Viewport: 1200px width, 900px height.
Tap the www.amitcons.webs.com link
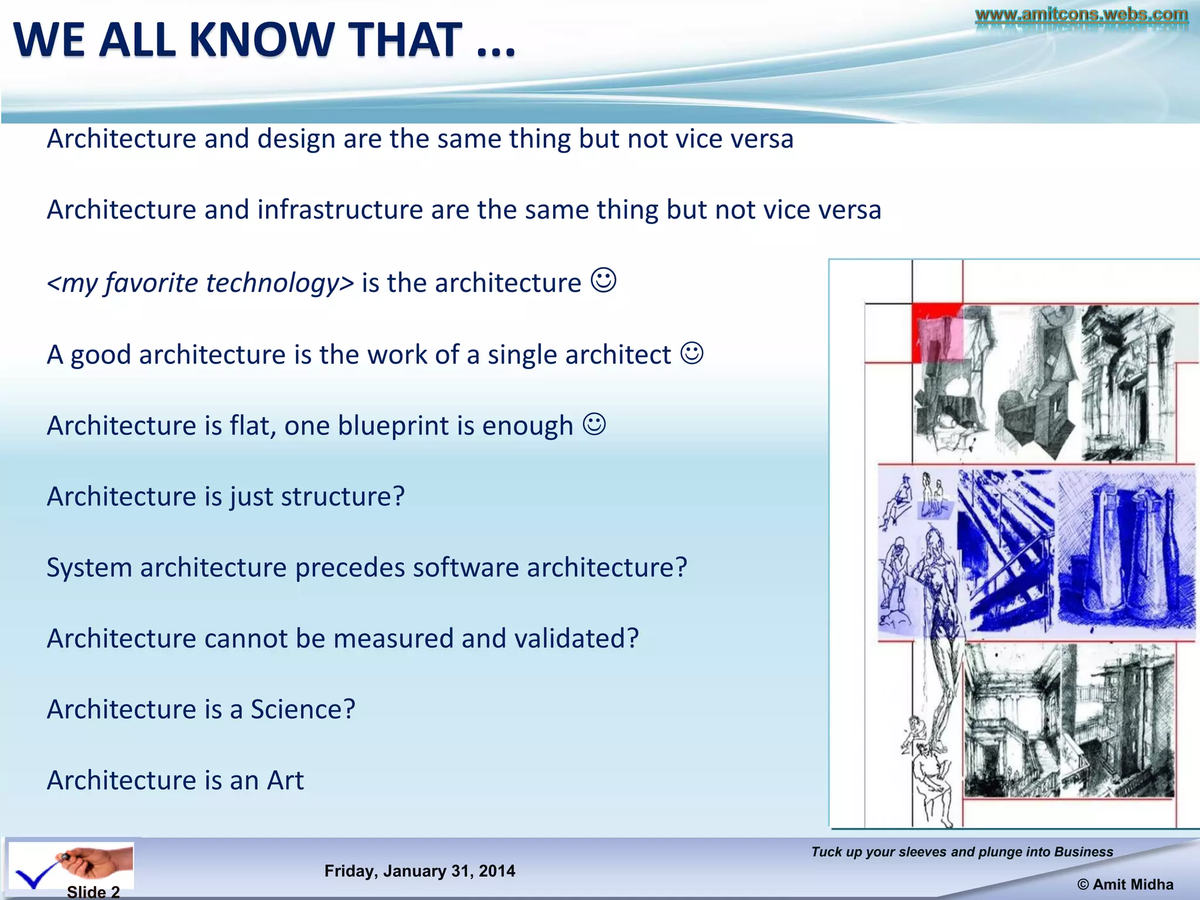click(1081, 14)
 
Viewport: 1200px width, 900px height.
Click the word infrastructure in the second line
click(340, 210)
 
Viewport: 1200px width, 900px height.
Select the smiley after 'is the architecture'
click(604, 280)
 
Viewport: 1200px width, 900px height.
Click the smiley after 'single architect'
click(692, 353)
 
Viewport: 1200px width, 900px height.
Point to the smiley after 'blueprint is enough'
click(594, 424)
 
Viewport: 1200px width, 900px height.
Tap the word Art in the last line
click(285, 780)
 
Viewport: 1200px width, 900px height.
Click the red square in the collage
click(936, 331)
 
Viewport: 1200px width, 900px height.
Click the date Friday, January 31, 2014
click(420, 871)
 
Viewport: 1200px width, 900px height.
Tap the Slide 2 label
click(93, 892)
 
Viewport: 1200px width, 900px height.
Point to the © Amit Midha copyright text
click(1125, 885)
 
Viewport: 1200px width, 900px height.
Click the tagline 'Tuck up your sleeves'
click(962, 852)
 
